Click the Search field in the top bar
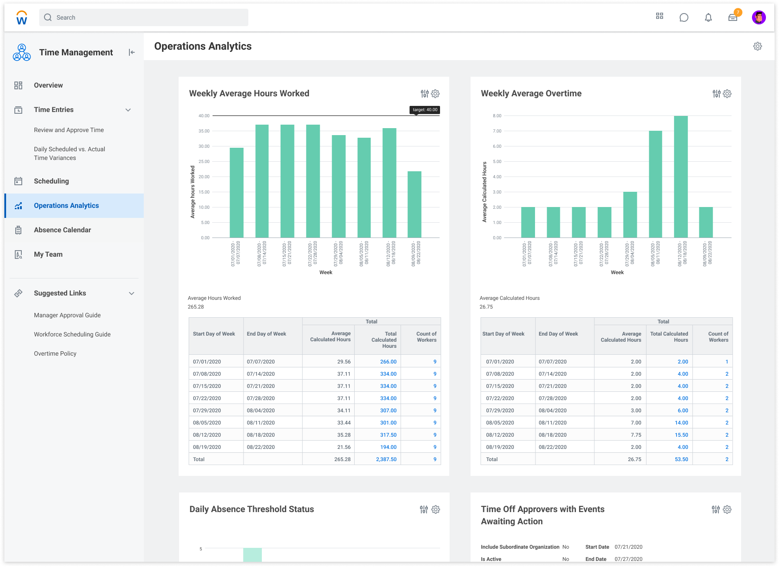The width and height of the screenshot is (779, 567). [x=144, y=17]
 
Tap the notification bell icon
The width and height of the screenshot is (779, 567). [x=708, y=17]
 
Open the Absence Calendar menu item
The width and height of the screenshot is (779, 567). [x=62, y=230]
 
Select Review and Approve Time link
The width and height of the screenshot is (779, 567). [x=69, y=130]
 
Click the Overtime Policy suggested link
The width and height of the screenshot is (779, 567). [x=55, y=353]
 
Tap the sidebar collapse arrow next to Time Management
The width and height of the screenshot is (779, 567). [x=132, y=52]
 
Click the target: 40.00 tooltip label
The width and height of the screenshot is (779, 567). [x=425, y=110]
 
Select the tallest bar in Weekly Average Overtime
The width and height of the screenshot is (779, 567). [x=681, y=177]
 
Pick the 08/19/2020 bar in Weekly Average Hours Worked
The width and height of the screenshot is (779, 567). [x=414, y=204]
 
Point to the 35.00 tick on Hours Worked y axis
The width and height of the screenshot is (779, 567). [x=204, y=131]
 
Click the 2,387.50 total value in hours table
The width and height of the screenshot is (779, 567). [x=386, y=459]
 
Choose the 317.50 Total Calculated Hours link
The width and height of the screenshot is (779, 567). [x=388, y=435]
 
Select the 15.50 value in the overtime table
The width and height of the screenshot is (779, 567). [x=681, y=435]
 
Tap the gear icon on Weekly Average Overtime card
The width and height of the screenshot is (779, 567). [x=727, y=94]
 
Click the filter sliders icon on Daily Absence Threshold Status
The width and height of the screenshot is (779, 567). [x=424, y=509]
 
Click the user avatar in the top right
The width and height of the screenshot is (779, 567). [x=759, y=17]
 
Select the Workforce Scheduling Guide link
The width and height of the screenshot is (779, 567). [x=72, y=334]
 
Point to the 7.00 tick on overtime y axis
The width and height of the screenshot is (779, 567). [x=497, y=131]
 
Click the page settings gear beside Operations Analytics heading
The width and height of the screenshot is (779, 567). [x=758, y=46]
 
